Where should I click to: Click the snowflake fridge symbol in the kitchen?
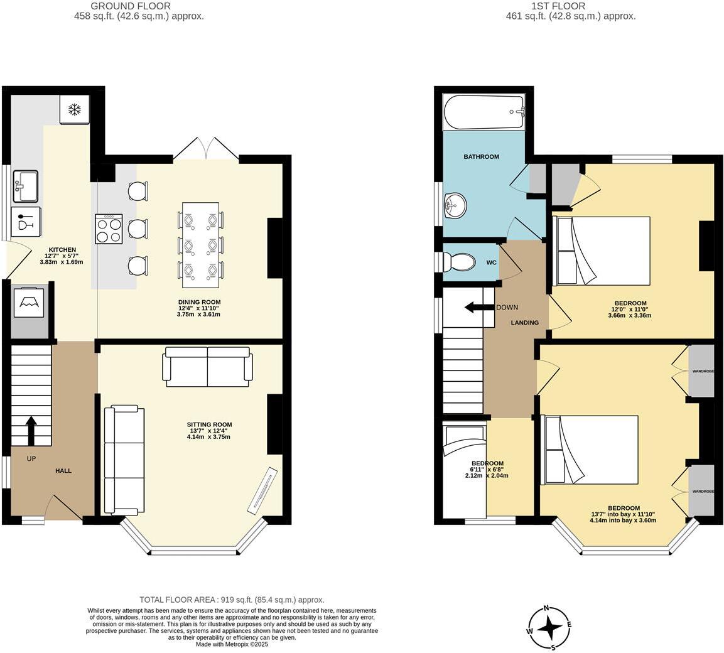point(75,110)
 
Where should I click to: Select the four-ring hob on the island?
point(108,229)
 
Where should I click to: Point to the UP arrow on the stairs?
point(31,429)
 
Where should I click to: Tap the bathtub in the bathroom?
point(484,112)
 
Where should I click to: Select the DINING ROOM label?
point(199,302)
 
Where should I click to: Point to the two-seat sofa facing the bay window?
point(208,366)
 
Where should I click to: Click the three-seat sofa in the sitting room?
point(124,460)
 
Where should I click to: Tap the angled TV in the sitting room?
point(263,490)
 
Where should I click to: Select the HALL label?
point(63,470)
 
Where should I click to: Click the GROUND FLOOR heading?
point(130,6)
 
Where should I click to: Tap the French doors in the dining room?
point(207,149)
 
